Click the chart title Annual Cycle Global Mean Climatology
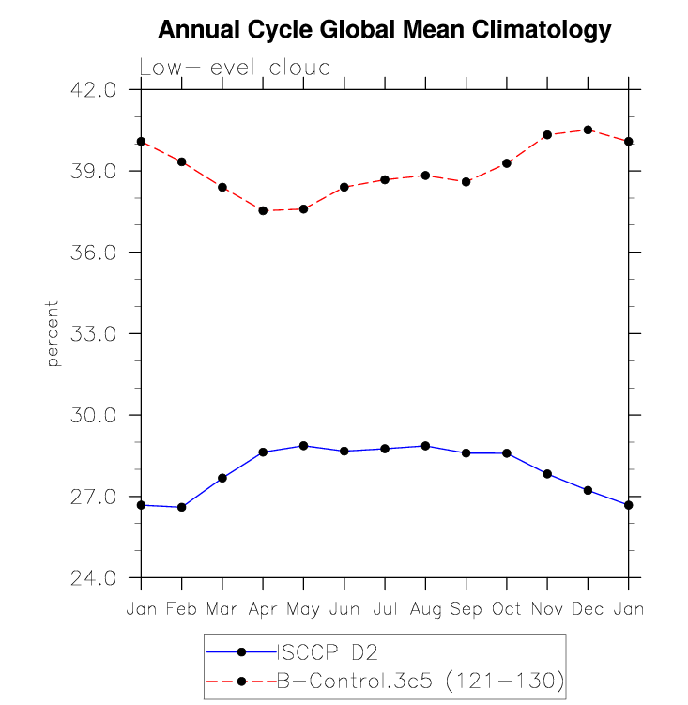pos(385,30)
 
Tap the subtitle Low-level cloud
pos(236,68)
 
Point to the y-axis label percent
pos(53,333)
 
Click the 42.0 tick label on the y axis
pos(93,90)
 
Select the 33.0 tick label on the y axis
pos(93,333)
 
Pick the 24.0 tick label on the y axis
pos(93,577)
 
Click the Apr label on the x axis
pos(263,609)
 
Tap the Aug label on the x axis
pos(425,609)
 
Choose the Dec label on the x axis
pos(588,609)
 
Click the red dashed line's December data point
pos(588,130)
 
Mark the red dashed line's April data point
pos(263,210)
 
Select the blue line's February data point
pos(182,507)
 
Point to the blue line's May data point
pos(303,446)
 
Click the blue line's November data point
pos(547,474)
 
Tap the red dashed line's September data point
pos(466,182)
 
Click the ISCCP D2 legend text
pos(327,652)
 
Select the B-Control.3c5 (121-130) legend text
pos(420,681)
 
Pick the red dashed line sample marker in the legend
pos(241,682)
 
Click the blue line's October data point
pos(507,453)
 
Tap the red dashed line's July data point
pos(385,180)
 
